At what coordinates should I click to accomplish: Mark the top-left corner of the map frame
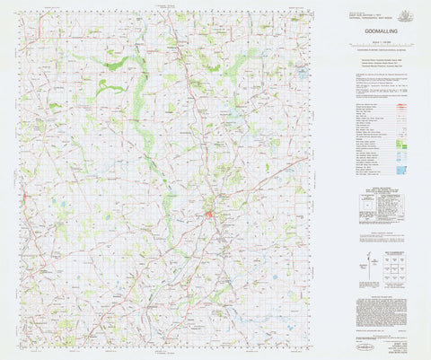point(19,11)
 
